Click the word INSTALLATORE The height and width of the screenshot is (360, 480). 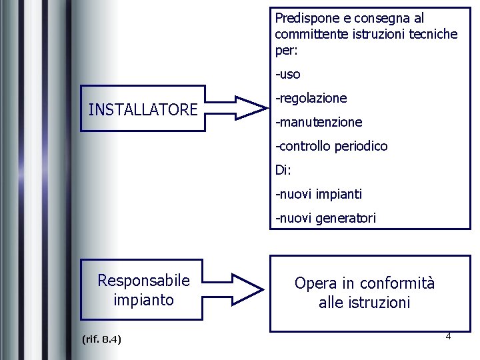[143, 109]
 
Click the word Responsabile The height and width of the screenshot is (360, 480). [143, 281]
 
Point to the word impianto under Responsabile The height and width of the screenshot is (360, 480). [143, 300]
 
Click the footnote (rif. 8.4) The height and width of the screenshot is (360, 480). [101, 340]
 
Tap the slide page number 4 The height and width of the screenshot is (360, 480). [448, 336]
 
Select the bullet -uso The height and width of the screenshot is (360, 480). [288, 74]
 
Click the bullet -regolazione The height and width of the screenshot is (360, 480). [311, 98]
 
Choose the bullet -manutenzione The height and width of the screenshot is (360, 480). [319, 122]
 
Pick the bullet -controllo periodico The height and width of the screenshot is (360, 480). [331, 146]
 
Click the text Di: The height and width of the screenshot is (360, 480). [283, 170]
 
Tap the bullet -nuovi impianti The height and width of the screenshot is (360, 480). [319, 194]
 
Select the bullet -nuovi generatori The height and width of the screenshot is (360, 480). [325, 218]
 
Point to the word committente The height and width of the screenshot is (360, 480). [309, 34]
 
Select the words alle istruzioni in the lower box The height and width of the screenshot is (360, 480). [364, 303]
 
